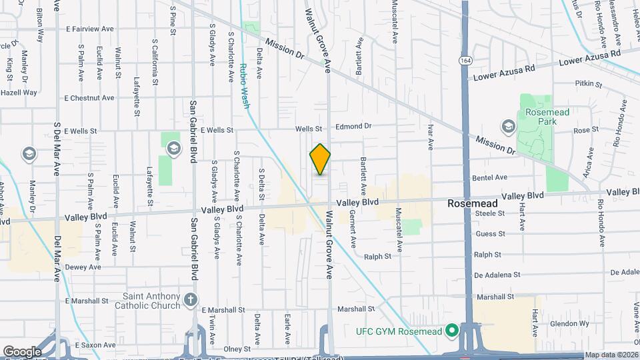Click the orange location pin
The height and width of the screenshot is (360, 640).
320,159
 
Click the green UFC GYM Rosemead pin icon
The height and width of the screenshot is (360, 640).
451,329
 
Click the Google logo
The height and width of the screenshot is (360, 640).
22,351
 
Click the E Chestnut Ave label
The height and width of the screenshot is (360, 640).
89,97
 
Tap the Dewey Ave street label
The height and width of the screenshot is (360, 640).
83,267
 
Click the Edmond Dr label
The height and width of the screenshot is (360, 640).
353,125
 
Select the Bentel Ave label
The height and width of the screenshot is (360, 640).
490,177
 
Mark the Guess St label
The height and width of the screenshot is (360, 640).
490,233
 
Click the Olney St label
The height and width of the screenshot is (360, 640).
237,348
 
